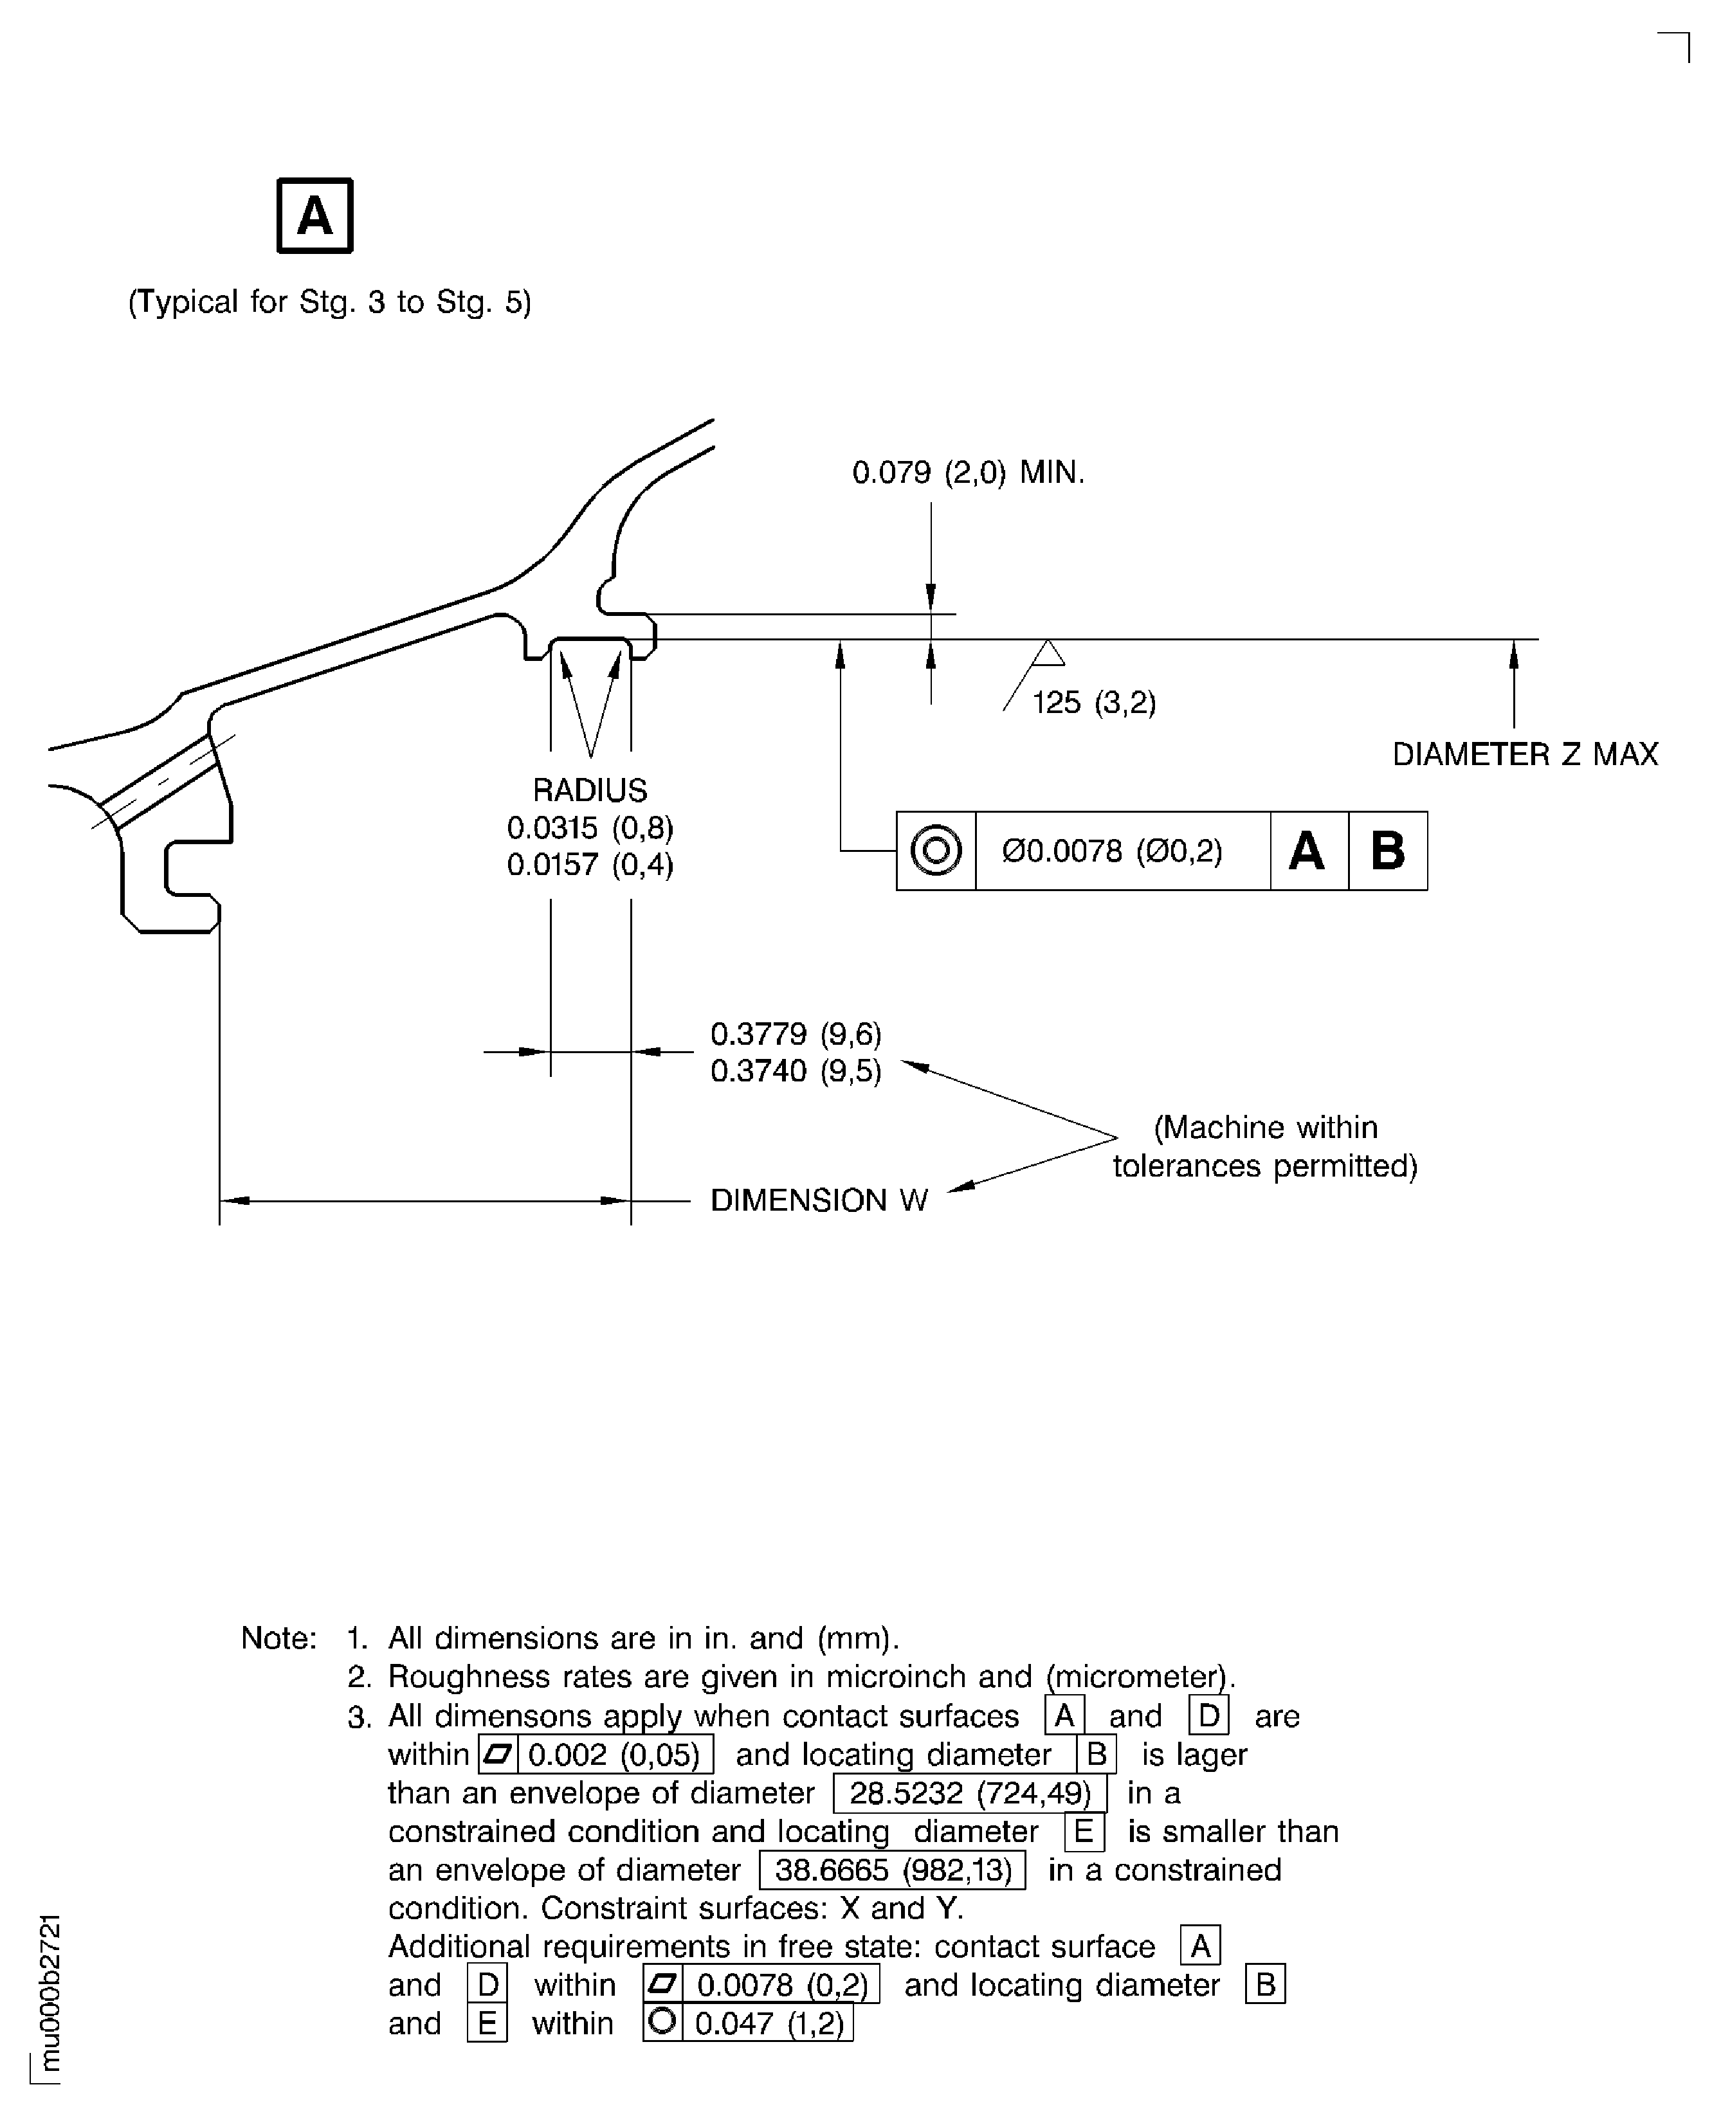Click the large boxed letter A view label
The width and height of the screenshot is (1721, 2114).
(314, 216)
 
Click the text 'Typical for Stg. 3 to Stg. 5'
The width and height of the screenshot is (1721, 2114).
(329, 302)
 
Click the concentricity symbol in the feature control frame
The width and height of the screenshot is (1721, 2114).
(935, 851)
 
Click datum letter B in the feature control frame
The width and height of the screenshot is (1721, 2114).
(1387, 851)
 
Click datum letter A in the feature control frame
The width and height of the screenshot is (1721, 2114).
(1307, 851)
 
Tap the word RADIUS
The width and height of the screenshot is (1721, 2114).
(590, 790)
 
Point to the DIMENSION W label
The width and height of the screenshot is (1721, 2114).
(819, 1200)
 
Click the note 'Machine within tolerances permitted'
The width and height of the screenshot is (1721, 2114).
(1265, 1147)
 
